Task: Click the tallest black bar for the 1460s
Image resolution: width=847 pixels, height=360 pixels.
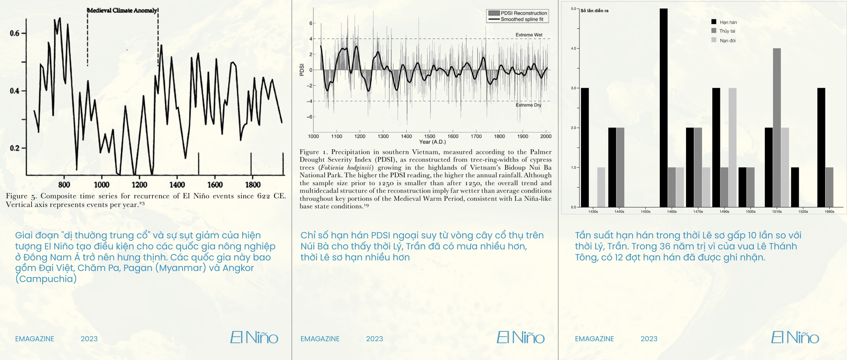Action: (664, 108)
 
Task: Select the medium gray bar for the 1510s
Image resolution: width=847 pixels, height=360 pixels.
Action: (777, 127)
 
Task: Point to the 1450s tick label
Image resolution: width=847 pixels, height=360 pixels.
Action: (645, 211)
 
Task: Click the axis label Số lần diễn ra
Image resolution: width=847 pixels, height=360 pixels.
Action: (594, 11)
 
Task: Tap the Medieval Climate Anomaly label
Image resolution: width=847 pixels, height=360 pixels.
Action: (122, 10)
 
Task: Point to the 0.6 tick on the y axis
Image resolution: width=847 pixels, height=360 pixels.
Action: (14, 33)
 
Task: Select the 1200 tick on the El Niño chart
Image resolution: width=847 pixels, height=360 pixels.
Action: (139, 185)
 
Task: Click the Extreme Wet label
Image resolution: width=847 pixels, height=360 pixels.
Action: (529, 35)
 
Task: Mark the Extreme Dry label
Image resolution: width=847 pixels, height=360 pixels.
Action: (528, 105)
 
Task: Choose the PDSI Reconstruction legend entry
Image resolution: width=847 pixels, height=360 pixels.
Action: (523, 13)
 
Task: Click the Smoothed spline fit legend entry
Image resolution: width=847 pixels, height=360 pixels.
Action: (522, 19)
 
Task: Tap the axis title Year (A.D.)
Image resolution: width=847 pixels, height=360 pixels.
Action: (432, 142)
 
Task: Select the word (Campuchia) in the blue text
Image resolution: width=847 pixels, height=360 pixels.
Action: (46, 279)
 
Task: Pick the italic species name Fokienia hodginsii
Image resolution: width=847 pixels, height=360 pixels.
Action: (347, 167)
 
